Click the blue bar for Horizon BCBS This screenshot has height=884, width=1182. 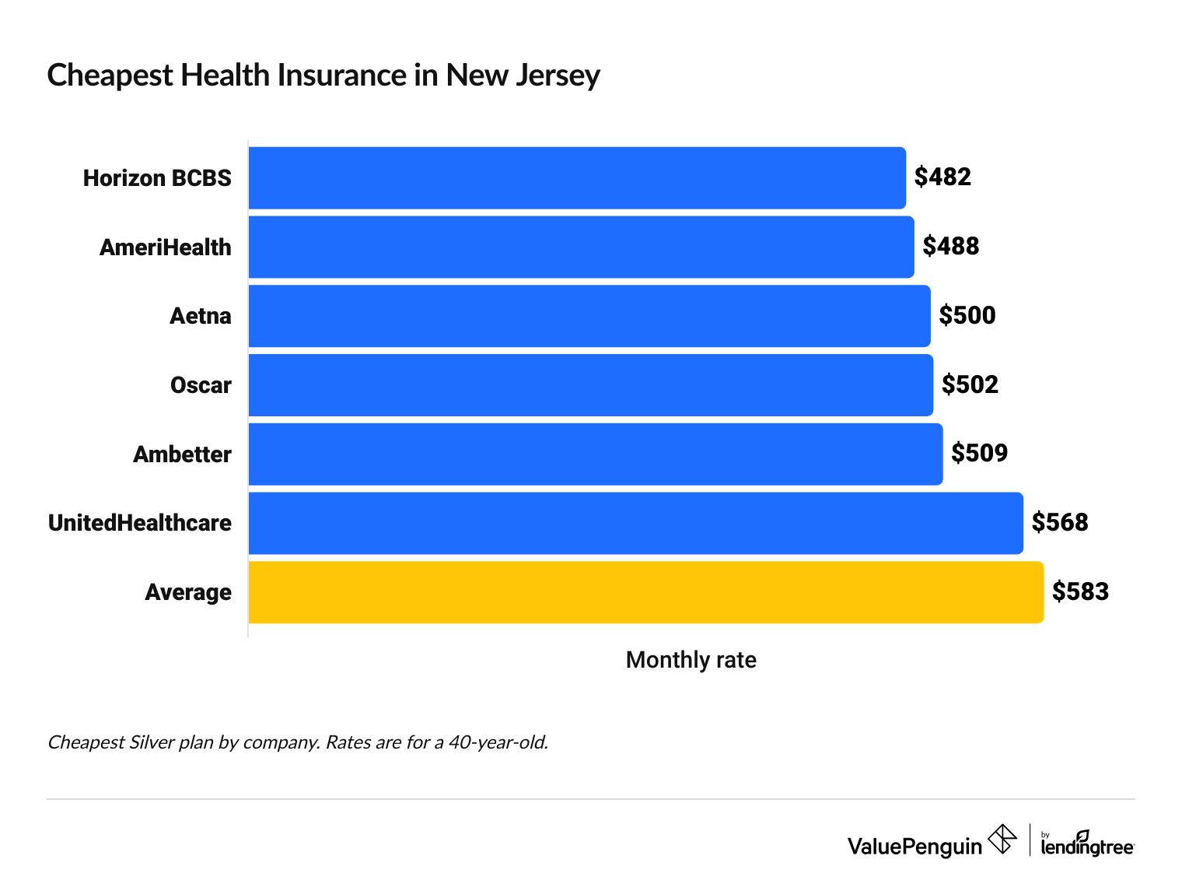click(x=577, y=178)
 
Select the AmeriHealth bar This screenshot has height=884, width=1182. click(x=581, y=247)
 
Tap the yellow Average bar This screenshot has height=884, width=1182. click(x=645, y=592)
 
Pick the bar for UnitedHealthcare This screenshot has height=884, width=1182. click(x=635, y=523)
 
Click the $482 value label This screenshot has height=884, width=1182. click(x=942, y=177)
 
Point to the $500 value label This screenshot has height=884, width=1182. click(x=967, y=315)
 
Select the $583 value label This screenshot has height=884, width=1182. click(x=1080, y=592)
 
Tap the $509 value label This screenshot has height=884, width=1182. click(x=979, y=453)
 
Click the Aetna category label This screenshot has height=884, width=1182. click(x=201, y=316)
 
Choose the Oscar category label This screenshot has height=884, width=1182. click(x=201, y=385)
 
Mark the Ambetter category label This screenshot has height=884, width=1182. click(x=182, y=454)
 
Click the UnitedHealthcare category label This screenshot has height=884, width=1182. click(x=140, y=523)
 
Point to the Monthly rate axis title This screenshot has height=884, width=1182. click(x=691, y=660)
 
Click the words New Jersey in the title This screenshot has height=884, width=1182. click(x=523, y=75)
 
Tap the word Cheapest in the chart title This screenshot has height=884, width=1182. click(x=110, y=75)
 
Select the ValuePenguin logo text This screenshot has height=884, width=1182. click(x=914, y=846)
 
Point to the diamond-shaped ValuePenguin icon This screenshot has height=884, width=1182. click(x=1002, y=840)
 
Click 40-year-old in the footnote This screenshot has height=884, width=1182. click(x=498, y=742)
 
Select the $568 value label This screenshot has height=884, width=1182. click(x=1059, y=522)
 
